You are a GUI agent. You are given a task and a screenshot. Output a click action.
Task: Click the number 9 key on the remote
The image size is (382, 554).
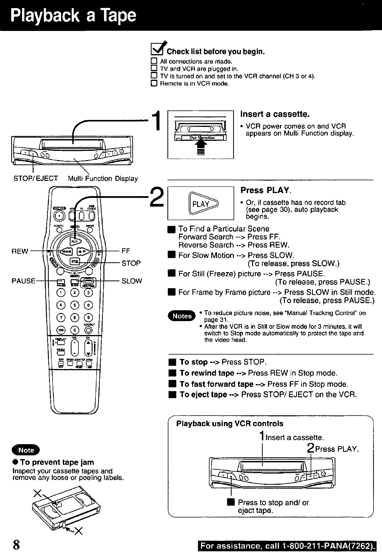[x=89, y=318]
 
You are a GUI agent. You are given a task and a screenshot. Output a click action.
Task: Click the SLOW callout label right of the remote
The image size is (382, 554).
[x=131, y=281]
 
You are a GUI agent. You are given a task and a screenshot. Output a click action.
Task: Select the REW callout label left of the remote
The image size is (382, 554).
[x=20, y=251]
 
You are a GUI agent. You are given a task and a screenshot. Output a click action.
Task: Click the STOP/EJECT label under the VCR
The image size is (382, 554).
[x=36, y=178]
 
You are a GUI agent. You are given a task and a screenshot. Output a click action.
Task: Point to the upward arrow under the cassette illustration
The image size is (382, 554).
[x=200, y=146]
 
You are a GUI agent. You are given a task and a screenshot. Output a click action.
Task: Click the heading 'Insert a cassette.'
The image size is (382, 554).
[x=275, y=115]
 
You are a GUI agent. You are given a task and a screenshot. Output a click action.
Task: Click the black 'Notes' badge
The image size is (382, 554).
[x=182, y=316]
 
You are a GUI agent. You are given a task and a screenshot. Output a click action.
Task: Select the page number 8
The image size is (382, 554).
[x=16, y=544]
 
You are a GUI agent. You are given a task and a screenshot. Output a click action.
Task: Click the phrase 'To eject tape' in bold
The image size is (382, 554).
[x=203, y=395]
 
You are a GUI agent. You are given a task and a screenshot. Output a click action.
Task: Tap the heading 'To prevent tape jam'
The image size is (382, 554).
[x=57, y=462]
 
